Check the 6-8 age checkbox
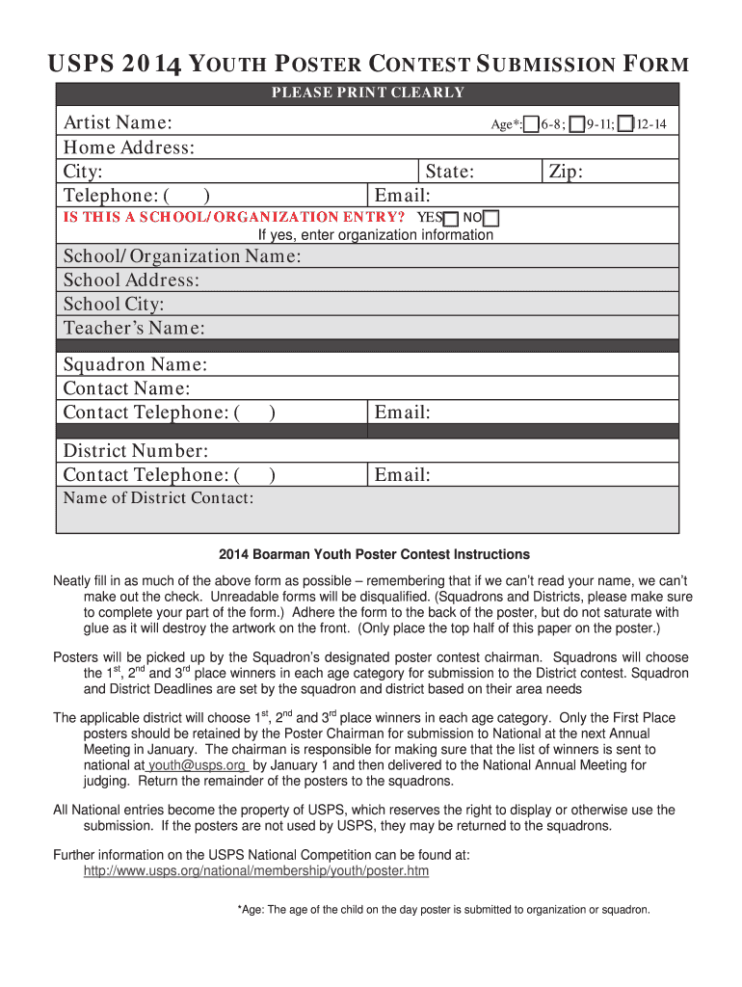pos(531,124)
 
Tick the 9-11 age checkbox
pos(576,124)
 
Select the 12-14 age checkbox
pos(626,124)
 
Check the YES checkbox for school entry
pos(451,218)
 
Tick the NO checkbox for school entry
pos(491,218)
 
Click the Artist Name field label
pos(118,123)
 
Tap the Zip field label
pos(566,172)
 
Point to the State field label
pos(449,172)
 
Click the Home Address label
pos(129,147)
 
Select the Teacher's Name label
pos(134,328)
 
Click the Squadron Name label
pos(135,364)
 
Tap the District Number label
pos(135,451)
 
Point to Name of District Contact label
pos(158,498)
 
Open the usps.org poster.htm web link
pos(256,871)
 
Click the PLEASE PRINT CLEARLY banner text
pos(367,93)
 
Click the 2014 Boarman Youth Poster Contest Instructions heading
pos(374,555)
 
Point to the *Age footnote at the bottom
pos(443,910)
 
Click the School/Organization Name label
pos(182,256)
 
